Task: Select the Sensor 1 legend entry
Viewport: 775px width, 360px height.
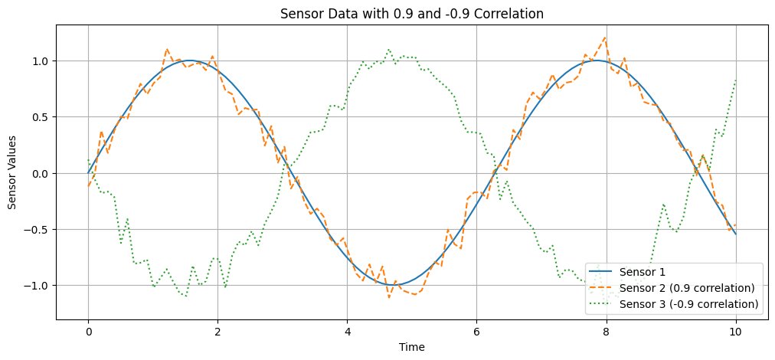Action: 649,272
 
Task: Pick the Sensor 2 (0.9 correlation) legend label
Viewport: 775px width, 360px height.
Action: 692,288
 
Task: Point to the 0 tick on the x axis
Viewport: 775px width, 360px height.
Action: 88,330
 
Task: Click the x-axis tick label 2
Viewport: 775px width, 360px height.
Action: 217,330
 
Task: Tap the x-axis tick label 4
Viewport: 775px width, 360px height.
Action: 347,330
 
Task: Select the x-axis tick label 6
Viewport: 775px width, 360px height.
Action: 476,330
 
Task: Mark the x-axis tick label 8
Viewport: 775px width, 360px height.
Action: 606,330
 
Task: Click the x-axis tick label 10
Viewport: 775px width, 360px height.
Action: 735,330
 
